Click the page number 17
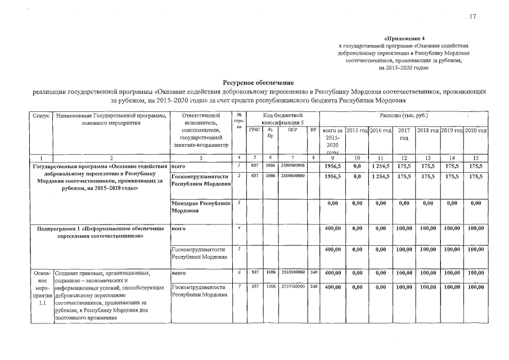pyautogui.click(x=472, y=17)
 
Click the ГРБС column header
pyautogui.click(x=254, y=129)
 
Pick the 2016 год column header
pyautogui.click(x=381, y=130)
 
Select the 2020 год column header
pyautogui.click(x=476, y=130)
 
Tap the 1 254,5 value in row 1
pyautogui.click(x=381, y=166)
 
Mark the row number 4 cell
pyautogui.click(x=239, y=228)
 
